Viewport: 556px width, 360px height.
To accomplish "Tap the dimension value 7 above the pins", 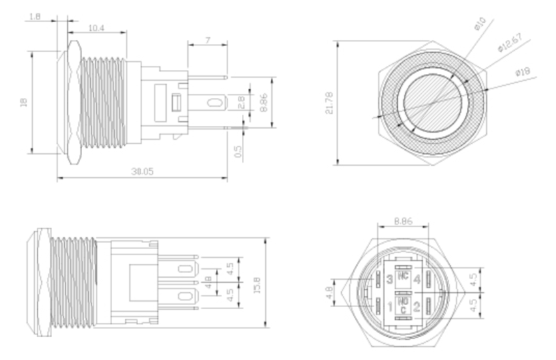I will [x=207, y=42].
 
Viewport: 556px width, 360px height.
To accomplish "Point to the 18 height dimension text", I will [x=24, y=102].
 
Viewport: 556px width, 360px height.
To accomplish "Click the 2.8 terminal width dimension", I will [x=240, y=103].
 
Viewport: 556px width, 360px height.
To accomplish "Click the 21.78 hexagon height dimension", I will [x=330, y=102].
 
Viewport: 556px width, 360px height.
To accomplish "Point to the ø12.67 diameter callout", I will [x=510, y=48].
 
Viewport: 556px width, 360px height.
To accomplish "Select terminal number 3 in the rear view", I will [x=389, y=278].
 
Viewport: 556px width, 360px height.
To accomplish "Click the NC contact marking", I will [x=403, y=277].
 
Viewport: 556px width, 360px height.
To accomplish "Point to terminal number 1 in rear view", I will [x=389, y=304].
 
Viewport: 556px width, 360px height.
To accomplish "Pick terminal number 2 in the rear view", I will [x=416, y=305].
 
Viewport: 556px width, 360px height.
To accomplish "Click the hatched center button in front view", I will [x=432, y=102].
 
